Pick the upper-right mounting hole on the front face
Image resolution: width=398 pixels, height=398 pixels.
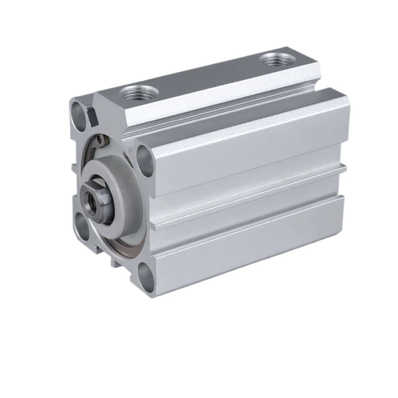(144, 155)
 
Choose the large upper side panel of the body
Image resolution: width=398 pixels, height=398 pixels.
(249, 144)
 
